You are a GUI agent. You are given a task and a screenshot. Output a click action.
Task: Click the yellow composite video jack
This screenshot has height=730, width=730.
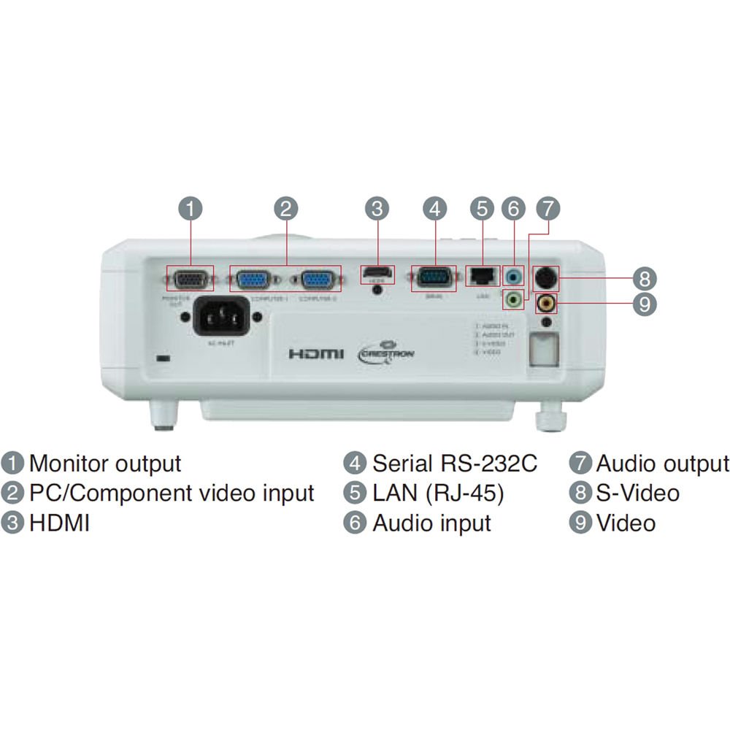[546, 301]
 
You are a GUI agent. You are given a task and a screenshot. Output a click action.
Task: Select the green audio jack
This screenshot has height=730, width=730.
[514, 298]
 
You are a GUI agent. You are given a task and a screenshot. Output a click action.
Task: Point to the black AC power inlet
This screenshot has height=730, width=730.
[221, 317]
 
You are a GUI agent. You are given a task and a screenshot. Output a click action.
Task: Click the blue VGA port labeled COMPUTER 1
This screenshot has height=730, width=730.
[253, 280]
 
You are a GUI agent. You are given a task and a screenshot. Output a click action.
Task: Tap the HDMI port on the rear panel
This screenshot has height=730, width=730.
[377, 275]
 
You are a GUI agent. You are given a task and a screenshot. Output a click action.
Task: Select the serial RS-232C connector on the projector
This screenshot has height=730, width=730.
[434, 278]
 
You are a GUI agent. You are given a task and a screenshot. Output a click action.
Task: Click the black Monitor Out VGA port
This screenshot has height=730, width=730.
[190, 280]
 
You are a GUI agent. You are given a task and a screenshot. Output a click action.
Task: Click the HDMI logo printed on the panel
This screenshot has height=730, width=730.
[315, 354]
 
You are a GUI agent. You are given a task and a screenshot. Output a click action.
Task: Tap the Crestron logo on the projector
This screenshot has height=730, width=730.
[388, 352]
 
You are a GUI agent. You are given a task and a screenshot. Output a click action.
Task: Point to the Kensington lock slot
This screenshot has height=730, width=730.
[164, 359]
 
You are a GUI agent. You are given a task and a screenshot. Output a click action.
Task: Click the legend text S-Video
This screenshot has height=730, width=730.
[637, 493]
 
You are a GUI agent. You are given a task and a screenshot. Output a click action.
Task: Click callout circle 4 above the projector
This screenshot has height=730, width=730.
[434, 209]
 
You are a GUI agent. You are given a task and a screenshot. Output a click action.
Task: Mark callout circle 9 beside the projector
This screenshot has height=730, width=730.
[644, 304]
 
